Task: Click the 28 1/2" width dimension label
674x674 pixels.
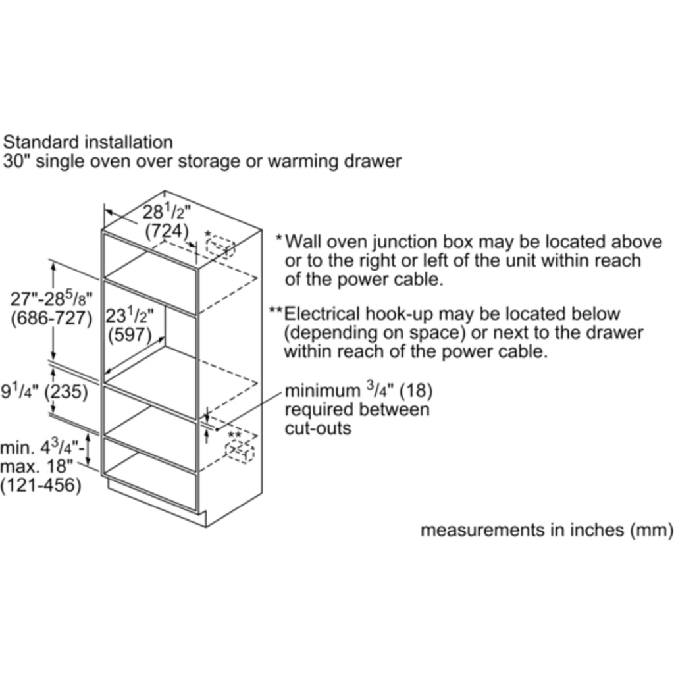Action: tap(167, 212)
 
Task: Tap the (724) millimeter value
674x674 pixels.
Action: tap(167, 232)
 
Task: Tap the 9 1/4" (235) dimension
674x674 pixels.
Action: tap(44, 393)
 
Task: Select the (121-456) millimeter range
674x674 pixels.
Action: tap(40, 486)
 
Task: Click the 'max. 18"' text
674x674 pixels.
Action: tap(30, 467)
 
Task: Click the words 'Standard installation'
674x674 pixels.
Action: tap(88, 142)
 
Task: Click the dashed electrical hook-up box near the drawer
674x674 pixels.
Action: tap(239, 452)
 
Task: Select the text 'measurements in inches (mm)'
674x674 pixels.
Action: tap(546, 529)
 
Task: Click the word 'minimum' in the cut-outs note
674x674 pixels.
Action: tap(322, 391)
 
